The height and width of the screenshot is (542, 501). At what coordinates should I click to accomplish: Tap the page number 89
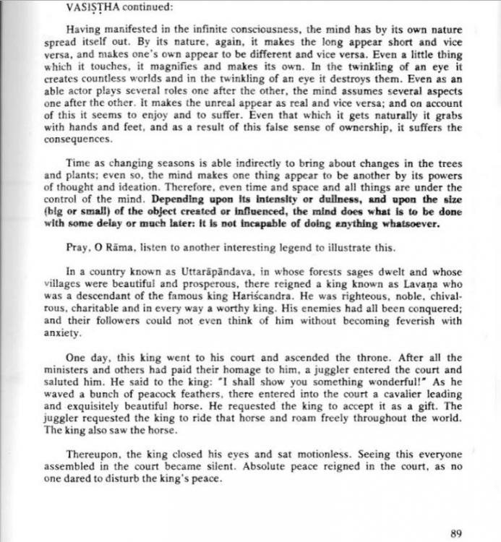click(455, 534)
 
